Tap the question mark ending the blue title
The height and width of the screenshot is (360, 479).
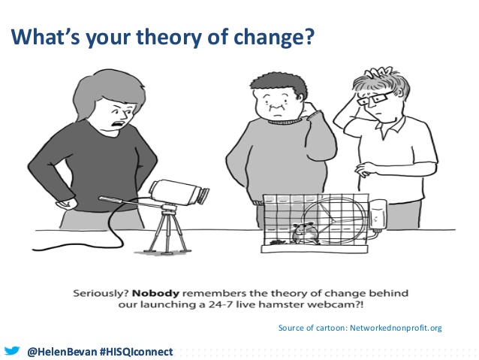pyautogui.click(x=309, y=36)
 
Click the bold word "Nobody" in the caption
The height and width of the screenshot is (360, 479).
pyautogui.click(x=155, y=293)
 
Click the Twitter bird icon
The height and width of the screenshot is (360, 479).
pyautogui.click(x=12, y=351)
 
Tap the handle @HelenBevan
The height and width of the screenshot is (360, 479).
pyautogui.click(x=62, y=352)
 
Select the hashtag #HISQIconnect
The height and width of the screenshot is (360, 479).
pyautogui.click(x=137, y=352)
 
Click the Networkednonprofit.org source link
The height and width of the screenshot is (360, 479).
pyautogui.click(x=396, y=328)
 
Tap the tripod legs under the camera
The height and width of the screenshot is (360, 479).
pyautogui.click(x=167, y=232)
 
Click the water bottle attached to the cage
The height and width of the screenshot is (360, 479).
pyautogui.click(x=378, y=214)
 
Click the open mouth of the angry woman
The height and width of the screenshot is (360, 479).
pyautogui.click(x=119, y=123)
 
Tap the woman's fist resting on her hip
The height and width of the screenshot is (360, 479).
pyautogui.click(x=66, y=204)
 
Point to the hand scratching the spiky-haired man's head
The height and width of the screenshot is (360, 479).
pyautogui.click(x=375, y=73)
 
